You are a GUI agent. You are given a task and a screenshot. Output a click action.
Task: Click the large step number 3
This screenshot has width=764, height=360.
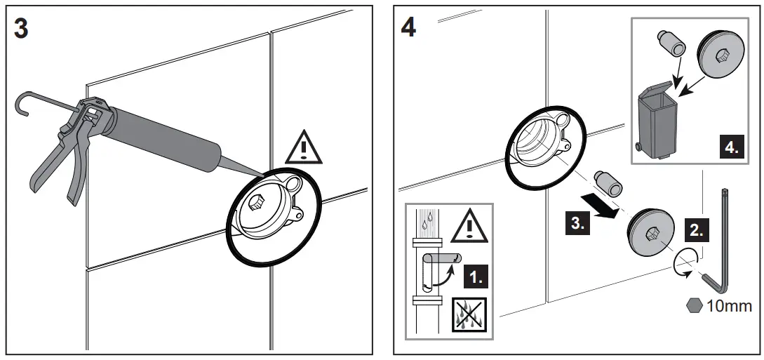pos(22,29)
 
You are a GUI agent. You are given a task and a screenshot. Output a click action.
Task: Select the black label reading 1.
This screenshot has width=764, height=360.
pos(478,276)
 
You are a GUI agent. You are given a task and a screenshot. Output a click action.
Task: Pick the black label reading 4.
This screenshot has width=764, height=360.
pos(731,149)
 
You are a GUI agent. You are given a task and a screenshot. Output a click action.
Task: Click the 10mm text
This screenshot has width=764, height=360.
pos(730,306)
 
